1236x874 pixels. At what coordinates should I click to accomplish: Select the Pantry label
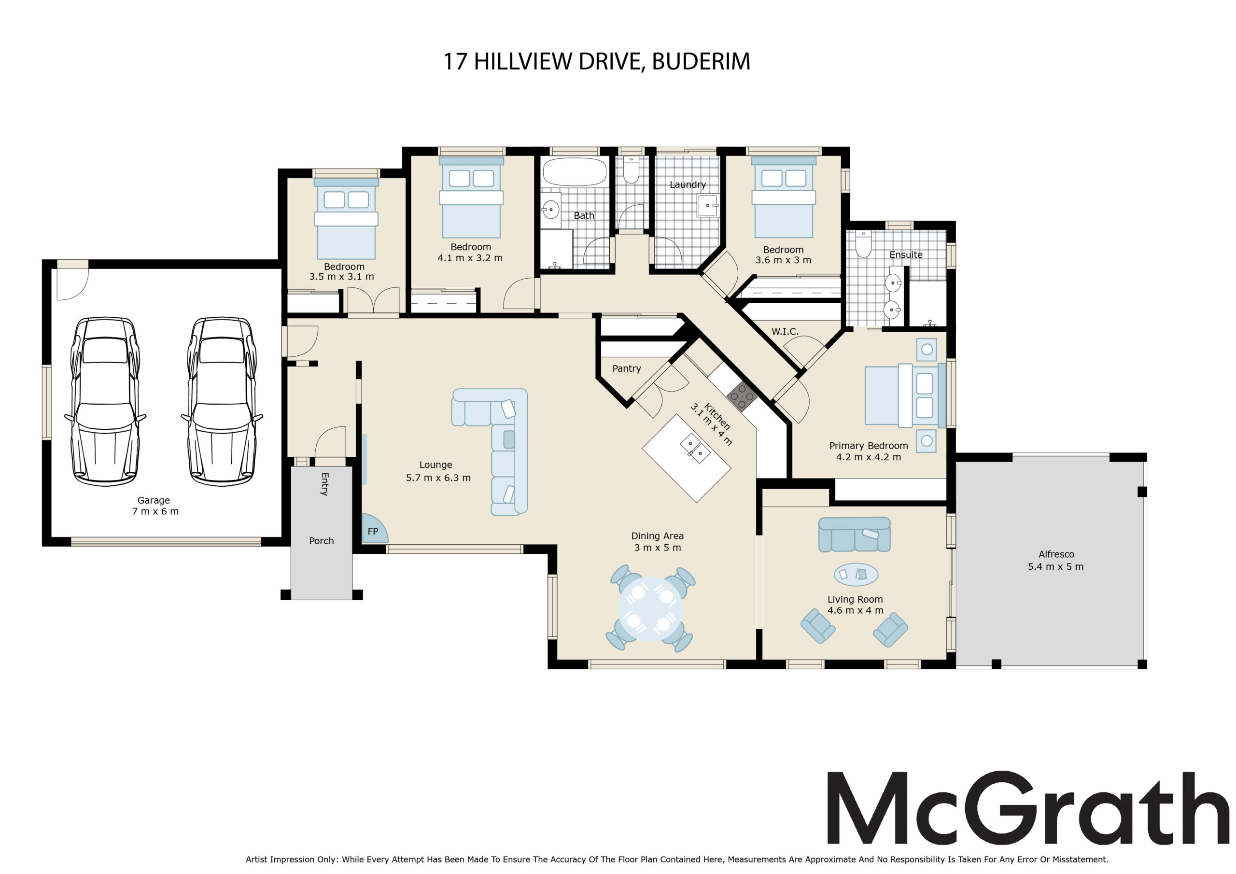[x=627, y=368]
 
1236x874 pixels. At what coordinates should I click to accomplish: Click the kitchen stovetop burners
[x=742, y=397]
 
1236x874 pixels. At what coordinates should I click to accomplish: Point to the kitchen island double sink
[x=695, y=449]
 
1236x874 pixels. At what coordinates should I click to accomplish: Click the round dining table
[x=650, y=609]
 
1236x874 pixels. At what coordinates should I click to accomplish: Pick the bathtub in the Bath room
[x=575, y=172]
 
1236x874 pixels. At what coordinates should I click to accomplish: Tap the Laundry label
[x=688, y=185]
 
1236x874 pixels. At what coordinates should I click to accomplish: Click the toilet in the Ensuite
[x=863, y=243]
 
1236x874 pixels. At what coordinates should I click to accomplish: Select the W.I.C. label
[x=785, y=332]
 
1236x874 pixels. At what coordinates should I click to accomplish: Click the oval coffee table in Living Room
[x=856, y=574]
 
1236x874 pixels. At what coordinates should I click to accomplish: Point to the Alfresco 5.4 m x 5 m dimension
[x=1055, y=566]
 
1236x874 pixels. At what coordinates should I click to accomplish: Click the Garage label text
[x=154, y=500]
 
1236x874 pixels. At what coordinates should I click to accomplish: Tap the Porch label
[x=322, y=541]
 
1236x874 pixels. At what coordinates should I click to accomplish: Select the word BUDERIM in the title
[x=701, y=61]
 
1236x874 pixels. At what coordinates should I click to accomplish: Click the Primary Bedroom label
[x=868, y=445]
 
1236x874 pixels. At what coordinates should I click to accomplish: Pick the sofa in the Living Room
[x=854, y=534]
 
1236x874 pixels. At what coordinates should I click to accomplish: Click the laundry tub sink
[x=708, y=205]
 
